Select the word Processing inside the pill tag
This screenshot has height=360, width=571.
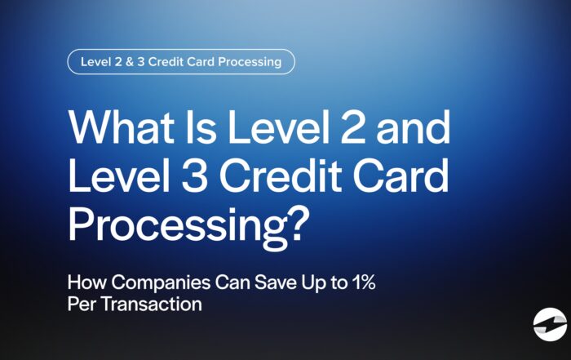246,62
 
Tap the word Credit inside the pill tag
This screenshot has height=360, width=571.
170,62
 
